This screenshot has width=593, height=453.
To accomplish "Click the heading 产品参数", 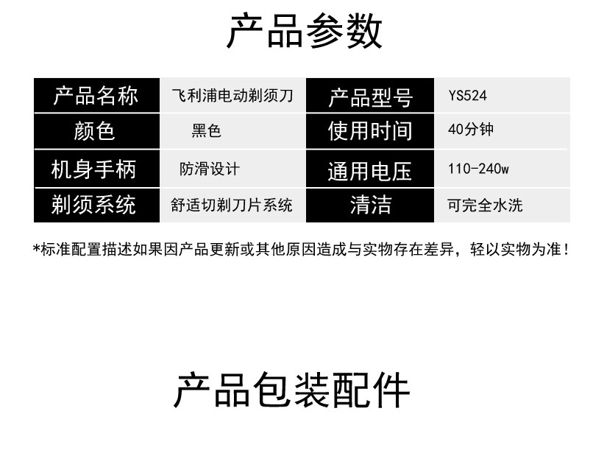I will point(304,31).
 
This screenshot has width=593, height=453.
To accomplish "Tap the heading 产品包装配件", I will point(291,390).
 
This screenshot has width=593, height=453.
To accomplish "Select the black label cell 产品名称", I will point(96,96).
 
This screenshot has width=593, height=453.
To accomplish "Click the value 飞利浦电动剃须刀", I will point(232,96).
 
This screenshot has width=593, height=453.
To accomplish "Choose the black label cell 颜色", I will point(96,131).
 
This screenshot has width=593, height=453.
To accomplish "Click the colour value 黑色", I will point(207,131).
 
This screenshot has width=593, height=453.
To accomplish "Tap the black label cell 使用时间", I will point(370,131).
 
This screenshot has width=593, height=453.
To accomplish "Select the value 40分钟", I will point(470,130).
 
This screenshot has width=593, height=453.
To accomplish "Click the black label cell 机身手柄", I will point(96,169).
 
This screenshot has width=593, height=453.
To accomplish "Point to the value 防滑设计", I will point(210,169).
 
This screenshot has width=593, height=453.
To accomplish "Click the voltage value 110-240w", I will point(478,169).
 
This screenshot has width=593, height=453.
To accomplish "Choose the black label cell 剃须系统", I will point(96,204).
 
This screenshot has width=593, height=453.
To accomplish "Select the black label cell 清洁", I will point(370,204).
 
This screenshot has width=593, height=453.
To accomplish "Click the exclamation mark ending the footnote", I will point(565,250).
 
